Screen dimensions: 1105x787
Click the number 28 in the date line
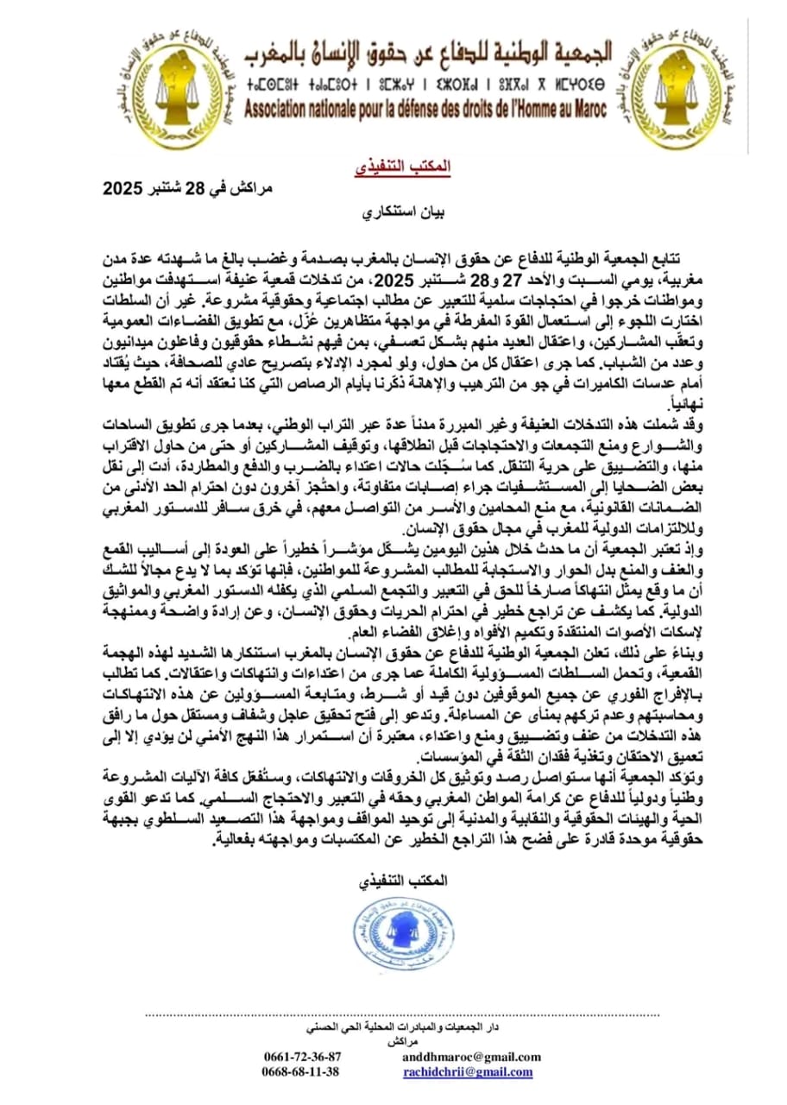(199, 188)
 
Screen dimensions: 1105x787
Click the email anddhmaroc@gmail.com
(472, 1057)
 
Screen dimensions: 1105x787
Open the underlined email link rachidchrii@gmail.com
(468, 1071)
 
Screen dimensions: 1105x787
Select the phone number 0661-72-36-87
(302, 1057)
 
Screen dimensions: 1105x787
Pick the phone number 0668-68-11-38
(302, 1071)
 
